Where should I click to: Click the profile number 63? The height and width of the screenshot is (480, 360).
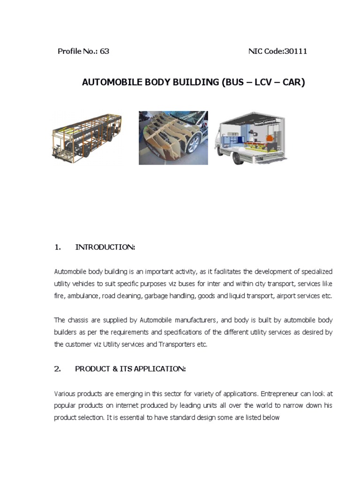pyautogui.click(x=105, y=51)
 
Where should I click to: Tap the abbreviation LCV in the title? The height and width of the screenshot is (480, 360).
pyautogui.click(x=255, y=82)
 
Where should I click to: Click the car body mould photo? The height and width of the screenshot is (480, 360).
pyautogui.click(x=173, y=138)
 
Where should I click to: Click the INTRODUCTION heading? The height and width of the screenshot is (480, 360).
pyautogui.click(x=105, y=247)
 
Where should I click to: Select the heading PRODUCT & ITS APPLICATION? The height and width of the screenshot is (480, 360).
pyautogui.click(x=130, y=369)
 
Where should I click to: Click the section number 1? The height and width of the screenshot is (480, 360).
pyautogui.click(x=58, y=247)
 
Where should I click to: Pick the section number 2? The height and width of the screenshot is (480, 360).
pyautogui.click(x=58, y=369)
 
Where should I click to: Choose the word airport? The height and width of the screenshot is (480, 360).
pyautogui.click(x=287, y=296)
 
